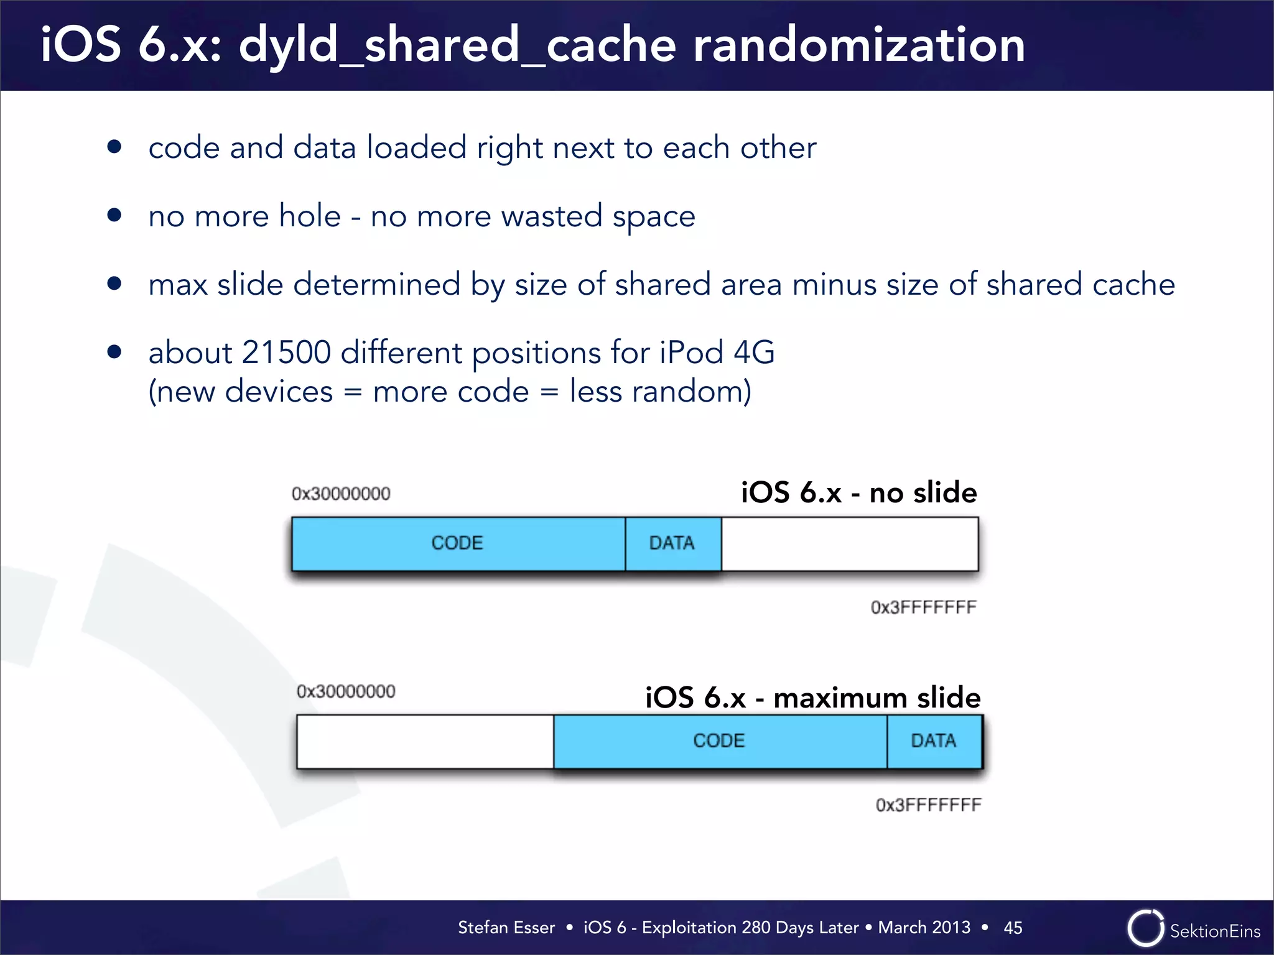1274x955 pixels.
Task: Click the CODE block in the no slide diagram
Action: click(458, 543)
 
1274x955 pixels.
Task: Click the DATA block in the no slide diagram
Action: click(672, 543)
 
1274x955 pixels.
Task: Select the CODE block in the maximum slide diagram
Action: click(719, 741)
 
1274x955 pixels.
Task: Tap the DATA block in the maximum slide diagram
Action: click(934, 741)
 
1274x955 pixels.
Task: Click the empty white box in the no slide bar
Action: click(849, 543)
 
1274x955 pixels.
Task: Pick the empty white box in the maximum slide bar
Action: click(425, 741)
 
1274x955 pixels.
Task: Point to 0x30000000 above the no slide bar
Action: click(341, 494)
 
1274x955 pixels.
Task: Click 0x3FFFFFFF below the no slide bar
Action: click(923, 607)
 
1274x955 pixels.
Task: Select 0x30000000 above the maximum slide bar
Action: click(346, 691)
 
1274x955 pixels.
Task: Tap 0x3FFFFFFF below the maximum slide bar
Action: click(928, 805)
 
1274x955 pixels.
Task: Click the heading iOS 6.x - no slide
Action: click(858, 492)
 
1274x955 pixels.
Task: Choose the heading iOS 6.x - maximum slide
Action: click(812, 698)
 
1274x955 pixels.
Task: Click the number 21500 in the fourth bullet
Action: click(286, 353)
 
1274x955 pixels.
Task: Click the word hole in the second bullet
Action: click(310, 216)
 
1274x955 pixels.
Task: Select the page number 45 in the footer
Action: click(1013, 928)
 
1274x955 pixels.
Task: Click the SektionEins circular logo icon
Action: click(1145, 928)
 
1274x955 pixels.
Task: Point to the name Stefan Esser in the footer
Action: click(506, 928)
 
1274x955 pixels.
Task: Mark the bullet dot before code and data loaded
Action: click(114, 147)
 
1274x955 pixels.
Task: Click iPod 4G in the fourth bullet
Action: click(717, 353)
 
